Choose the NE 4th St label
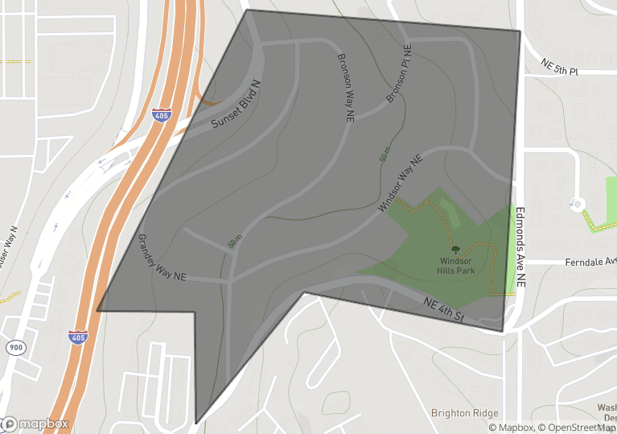click(444, 309)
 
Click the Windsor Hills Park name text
click(456, 265)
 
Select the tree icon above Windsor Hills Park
click(456, 250)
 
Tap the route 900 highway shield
click(15, 347)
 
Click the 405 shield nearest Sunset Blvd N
click(162, 115)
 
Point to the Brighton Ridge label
click(464, 413)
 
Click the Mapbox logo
click(35, 424)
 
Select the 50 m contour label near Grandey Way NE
click(235, 240)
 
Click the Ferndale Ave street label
click(590, 261)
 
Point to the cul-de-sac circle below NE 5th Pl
click(577, 204)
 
